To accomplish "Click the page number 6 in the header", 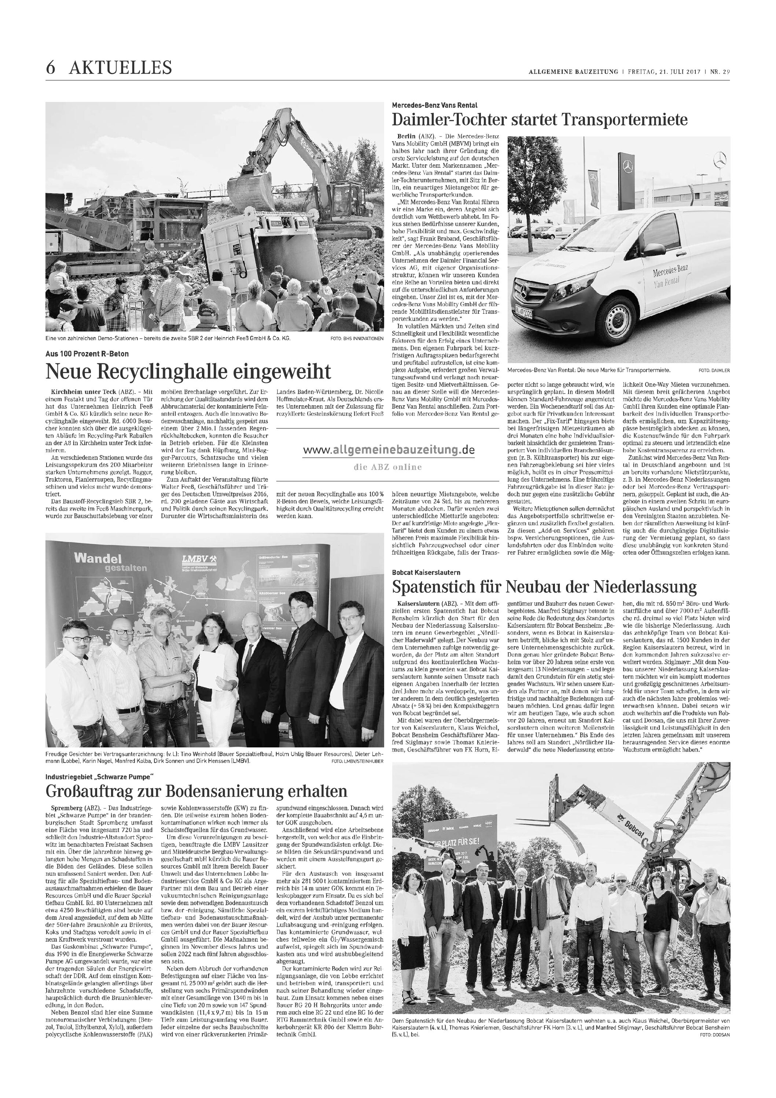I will point(50,68).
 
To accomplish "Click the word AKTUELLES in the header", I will point(121,68).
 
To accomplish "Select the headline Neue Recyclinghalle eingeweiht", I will point(188,371).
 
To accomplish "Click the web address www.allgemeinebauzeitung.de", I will point(389,450).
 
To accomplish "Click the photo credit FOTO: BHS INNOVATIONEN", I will point(357,338).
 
